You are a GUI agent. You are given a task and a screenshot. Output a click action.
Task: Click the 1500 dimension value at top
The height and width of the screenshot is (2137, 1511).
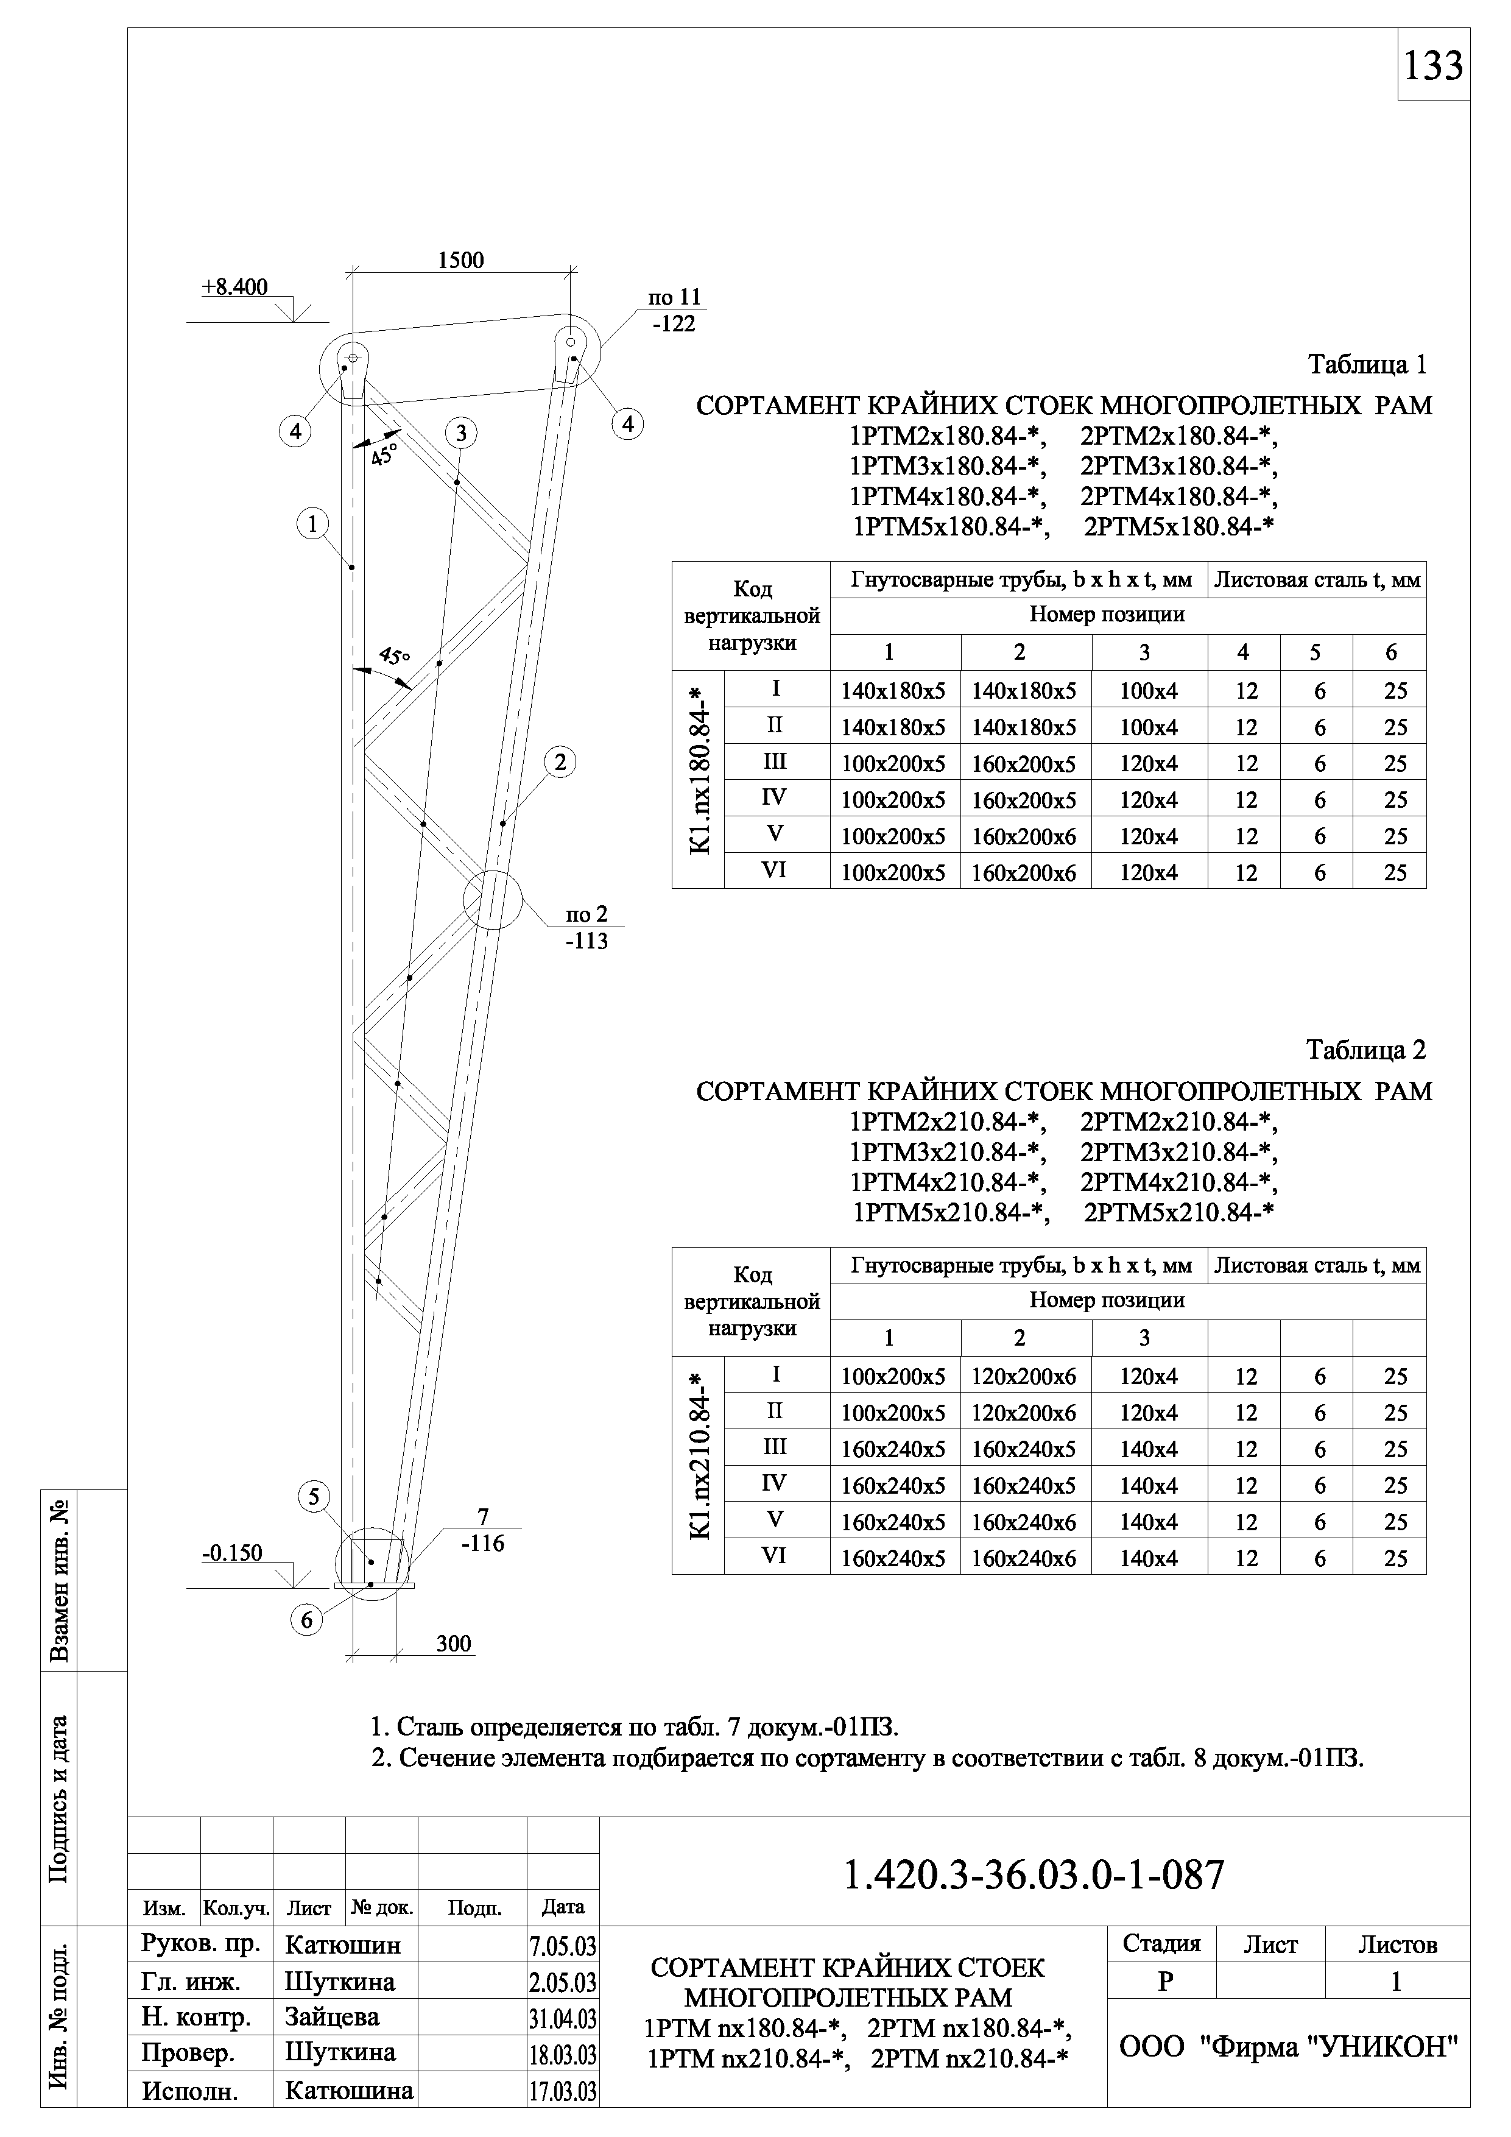pos(462,261)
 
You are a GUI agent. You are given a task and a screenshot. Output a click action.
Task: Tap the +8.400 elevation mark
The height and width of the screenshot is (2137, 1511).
pos(234,288)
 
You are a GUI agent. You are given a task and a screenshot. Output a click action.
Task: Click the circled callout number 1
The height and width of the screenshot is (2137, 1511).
pos(314,524)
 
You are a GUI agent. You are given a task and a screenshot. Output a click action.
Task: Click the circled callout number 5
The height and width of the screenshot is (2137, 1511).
pos(314,1497)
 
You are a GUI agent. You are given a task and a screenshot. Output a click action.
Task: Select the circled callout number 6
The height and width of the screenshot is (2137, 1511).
pos(307,1620)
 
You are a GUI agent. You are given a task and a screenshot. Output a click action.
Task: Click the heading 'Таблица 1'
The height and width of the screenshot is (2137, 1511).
pos(1367,365)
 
